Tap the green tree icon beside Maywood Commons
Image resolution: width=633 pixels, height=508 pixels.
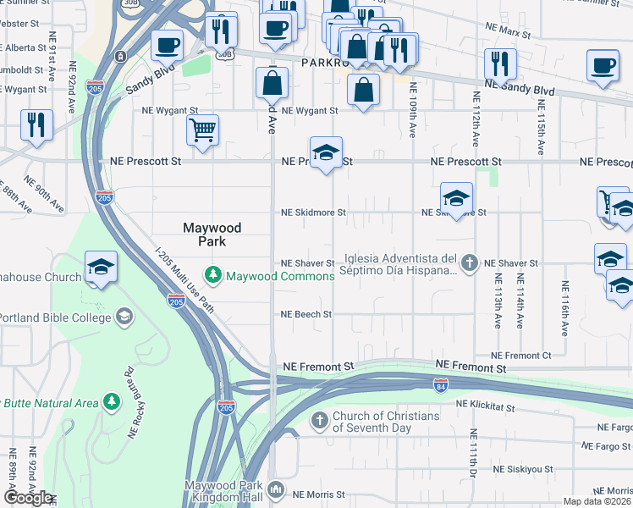click(x=212, y=275)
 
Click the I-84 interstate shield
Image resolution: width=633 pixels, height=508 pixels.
click(x=440, y=386)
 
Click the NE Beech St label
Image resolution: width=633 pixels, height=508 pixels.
click(x=305, y=314)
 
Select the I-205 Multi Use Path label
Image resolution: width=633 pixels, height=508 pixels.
click(x=184, y=279)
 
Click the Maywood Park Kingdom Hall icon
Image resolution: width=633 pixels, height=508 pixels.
click(x=276, y=489)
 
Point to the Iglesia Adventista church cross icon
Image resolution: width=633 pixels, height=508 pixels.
click(x=471, y=264)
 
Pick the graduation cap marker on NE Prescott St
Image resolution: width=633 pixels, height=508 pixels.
click(x=326, y=153)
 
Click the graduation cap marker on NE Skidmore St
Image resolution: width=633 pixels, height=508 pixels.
click(x=455, y=199)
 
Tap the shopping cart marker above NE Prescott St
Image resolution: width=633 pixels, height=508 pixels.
click(x=202, y=131)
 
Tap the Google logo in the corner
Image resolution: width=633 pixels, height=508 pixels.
click(x=27, y=498)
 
